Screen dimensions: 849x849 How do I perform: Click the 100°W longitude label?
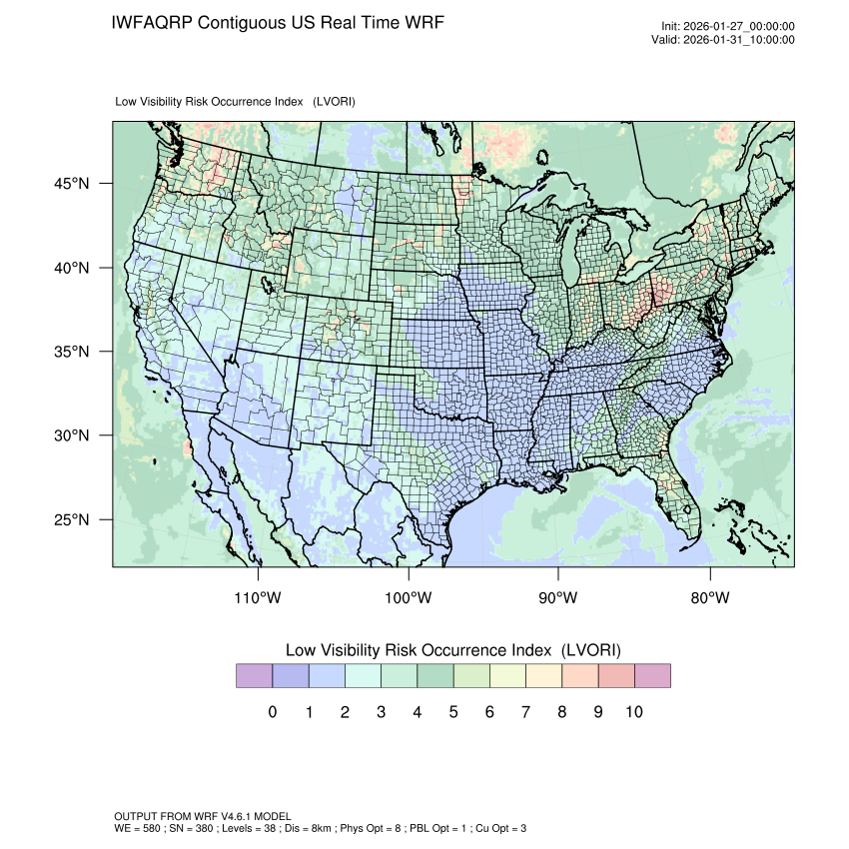[x=409, y=598]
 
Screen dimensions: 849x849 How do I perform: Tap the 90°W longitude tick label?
[x=558, y=598]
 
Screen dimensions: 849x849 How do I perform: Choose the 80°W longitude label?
[x=709, y=598]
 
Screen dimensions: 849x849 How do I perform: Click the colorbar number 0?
[x=272, y=712]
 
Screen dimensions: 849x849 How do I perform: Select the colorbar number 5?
[x=453, y=712]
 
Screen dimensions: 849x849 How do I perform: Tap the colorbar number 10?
[x=633, y=712]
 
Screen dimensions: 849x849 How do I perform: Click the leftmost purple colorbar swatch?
[x=254, y=676]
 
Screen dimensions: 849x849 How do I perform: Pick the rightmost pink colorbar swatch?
[x=652, y=676]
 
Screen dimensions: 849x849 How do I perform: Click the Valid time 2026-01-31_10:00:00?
[x=737, y=40]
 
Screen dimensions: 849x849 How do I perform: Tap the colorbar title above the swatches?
[x=453, y=650]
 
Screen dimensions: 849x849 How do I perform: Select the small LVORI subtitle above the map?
[x=236, y=102]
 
